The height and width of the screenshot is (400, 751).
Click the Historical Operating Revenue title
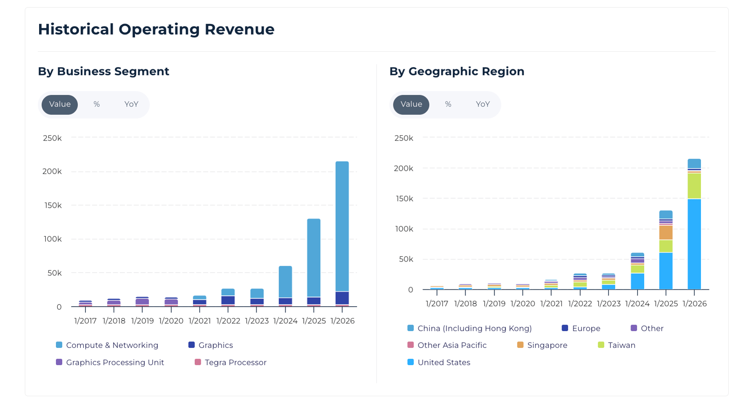point(156,29)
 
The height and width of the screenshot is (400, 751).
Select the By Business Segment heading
point(103,72)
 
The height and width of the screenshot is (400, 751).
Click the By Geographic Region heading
point(457,72)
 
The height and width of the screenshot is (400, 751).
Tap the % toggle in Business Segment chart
point(97,104)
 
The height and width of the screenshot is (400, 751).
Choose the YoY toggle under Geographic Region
point(483,104)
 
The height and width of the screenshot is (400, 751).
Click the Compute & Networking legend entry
point(112,345)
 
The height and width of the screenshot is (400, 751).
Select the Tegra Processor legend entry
point(235,363)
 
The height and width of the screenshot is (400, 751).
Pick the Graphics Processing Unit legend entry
point(115,363)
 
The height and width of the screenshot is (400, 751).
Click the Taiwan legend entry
point(621,345)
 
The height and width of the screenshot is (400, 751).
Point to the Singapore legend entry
point(547,345)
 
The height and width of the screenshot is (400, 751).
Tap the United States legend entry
point(443,363)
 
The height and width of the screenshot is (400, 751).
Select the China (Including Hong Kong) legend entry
point(474,328)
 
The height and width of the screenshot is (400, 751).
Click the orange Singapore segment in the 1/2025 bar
point(666,233)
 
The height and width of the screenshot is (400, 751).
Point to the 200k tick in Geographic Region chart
point(403,168)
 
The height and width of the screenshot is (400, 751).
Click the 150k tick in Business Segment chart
point(52,205)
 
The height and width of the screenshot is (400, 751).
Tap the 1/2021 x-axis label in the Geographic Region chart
point(551,304)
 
